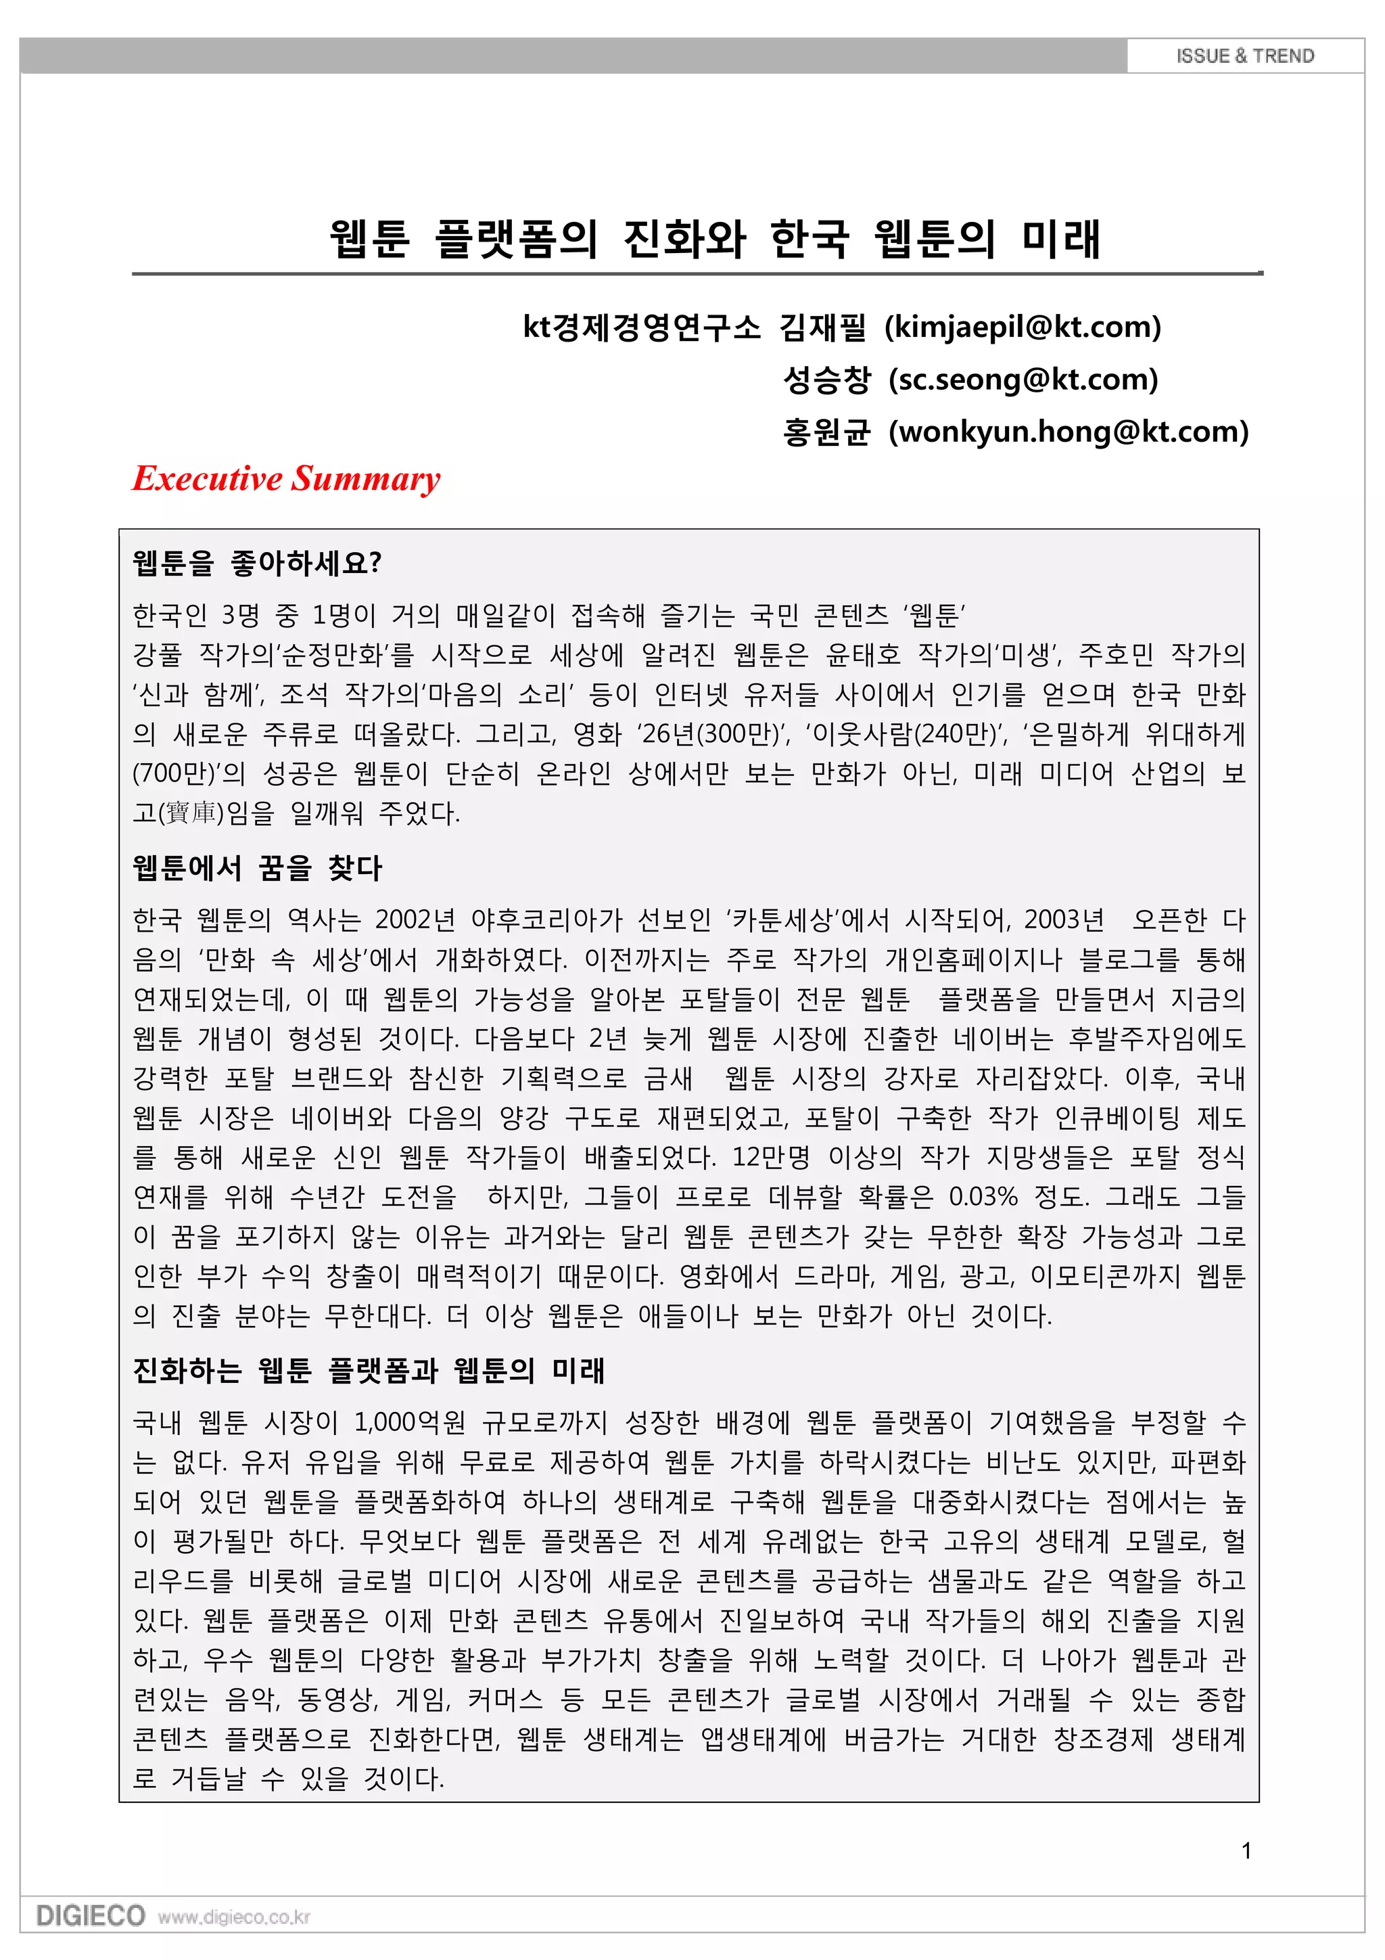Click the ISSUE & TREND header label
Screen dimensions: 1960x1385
point(1244,56)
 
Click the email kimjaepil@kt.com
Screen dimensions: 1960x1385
point(1023,327)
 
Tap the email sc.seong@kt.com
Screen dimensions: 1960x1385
point(1023,380)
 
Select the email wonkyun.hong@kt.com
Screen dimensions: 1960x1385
point(1069,432)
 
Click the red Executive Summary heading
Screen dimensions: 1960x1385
point(286,479)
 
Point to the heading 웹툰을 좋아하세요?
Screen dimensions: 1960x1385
point(257,564)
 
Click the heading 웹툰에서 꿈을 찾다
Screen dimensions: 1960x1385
point(257,868)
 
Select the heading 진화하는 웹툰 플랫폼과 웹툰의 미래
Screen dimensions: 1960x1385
point(369,1371)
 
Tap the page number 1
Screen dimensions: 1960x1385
point(1246,1850)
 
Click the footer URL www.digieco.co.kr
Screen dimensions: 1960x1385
point(234,1918)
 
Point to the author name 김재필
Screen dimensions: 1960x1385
point(822,327)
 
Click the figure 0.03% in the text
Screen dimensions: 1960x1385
point(982,1197)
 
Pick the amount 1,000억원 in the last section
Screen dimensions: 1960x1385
point(410,1423)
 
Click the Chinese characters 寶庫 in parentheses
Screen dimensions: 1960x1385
point(190,813)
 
